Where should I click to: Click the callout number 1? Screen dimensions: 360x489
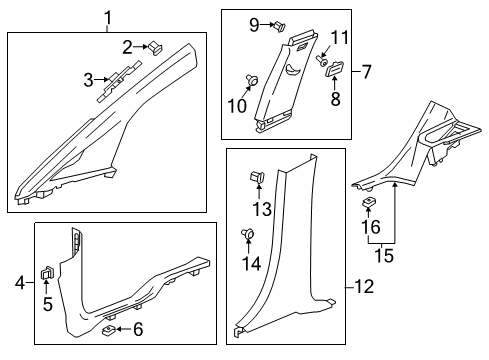click(108, 15)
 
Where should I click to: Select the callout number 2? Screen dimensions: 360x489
click(128, 46)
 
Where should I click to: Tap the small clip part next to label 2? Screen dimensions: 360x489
click(87, 79)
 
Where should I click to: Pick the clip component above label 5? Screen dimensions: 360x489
click(109, 328)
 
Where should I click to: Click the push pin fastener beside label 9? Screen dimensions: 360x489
click(250, 80)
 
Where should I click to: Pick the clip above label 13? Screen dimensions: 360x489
click(246, 235)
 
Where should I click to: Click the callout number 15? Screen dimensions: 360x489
click(369, 204)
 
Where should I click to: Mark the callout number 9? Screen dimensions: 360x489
click(253, 23)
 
